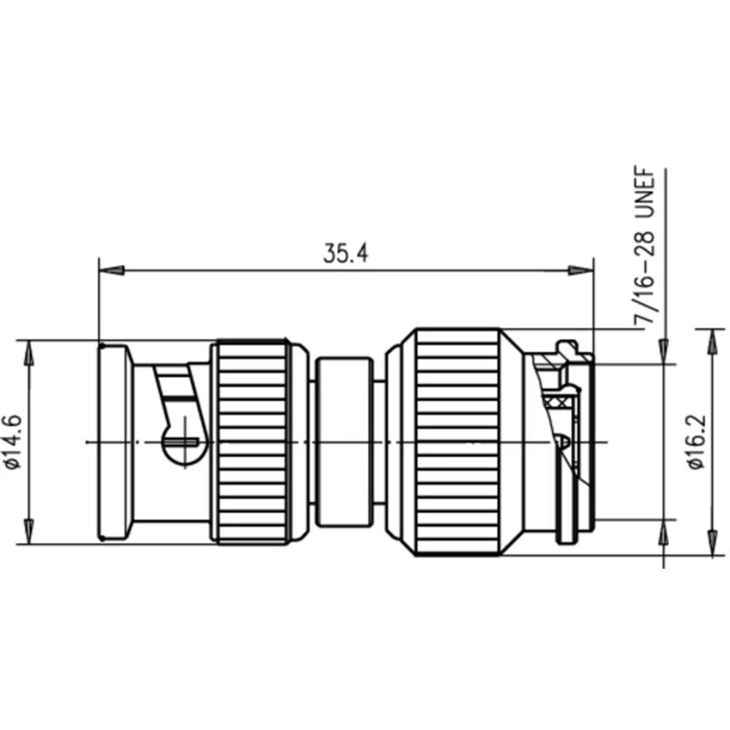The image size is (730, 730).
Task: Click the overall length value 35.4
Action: tap(346, 253)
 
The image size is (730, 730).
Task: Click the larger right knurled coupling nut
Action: tap(458, 442)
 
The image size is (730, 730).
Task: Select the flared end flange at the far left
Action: tap(114, 442)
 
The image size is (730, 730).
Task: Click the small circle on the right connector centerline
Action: tap(562, 441)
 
